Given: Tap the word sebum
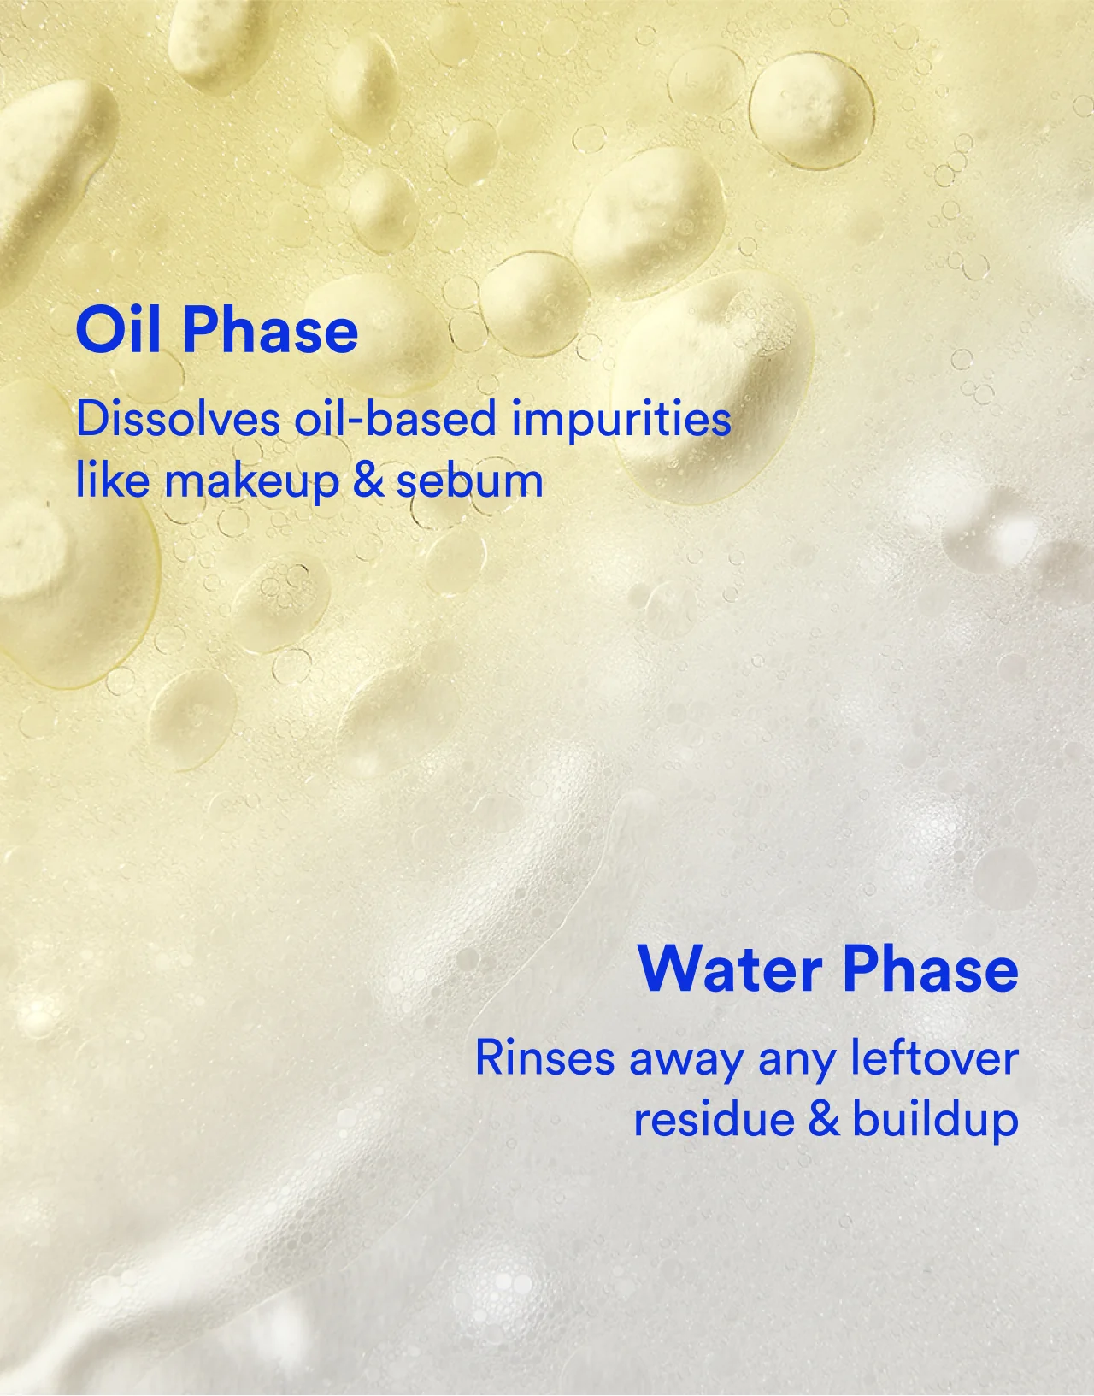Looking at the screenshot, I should pyautogui.click(x=469, y=480).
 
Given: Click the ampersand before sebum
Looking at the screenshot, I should pyautogui.click(x=368, y=480).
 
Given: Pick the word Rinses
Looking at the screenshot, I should pyautogui.click(x=544, y=1057).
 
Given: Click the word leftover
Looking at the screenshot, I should pyautogui.click(x=934, y=1057).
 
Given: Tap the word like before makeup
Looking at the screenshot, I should pyautogui.click(x=111, y=480).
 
